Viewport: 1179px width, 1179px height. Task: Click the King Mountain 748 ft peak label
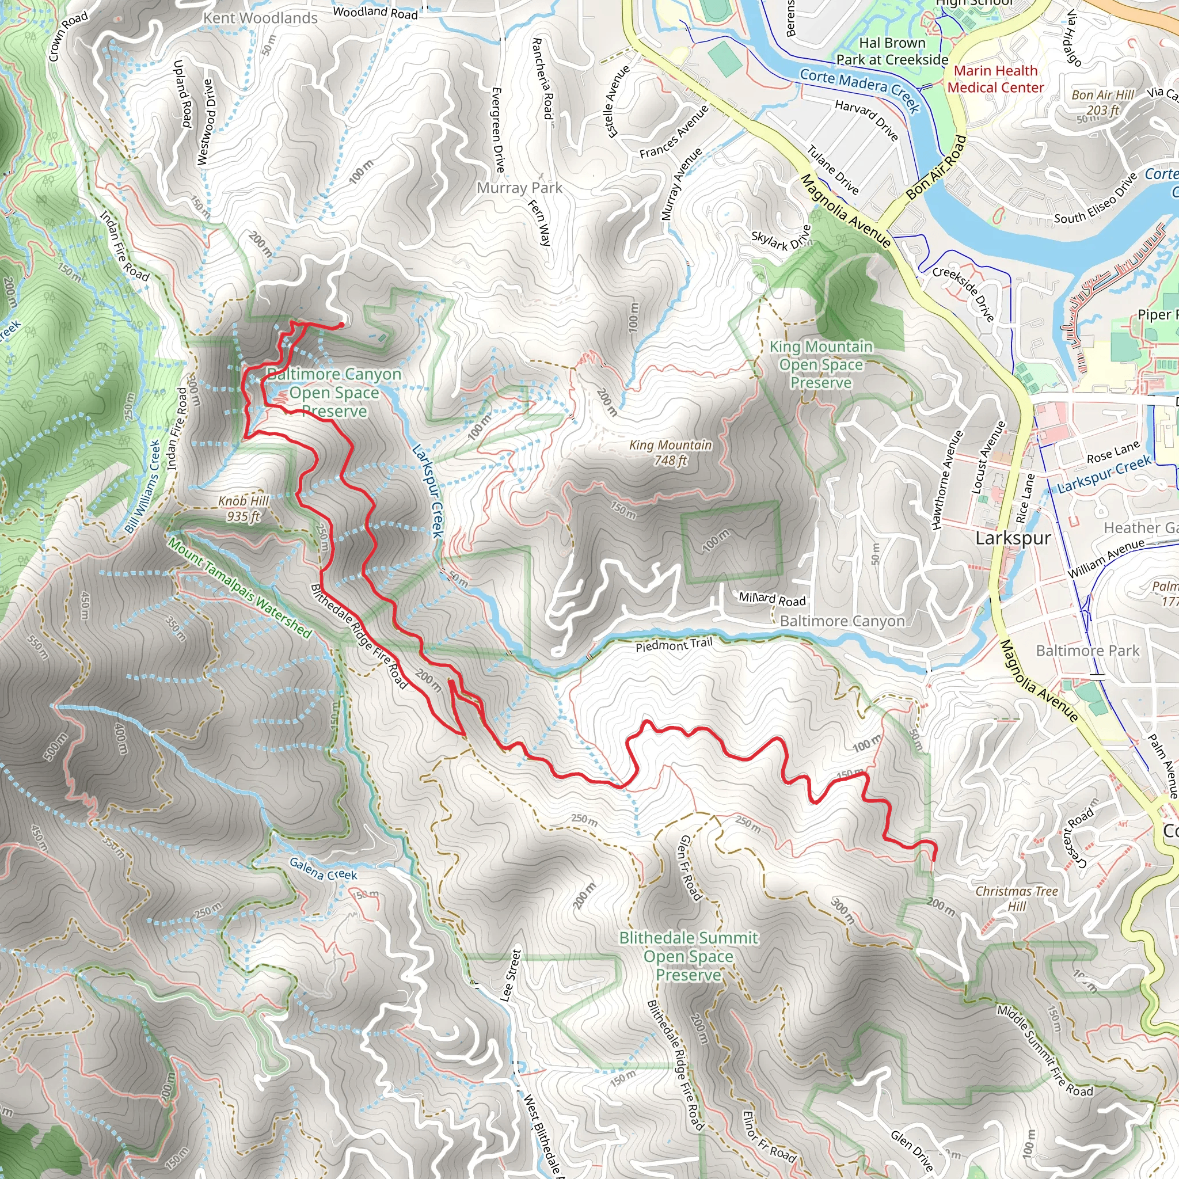tap(670, 453)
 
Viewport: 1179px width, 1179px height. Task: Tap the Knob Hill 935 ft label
tap(244, 508)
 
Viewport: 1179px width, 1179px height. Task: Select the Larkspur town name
tap(1013, 538)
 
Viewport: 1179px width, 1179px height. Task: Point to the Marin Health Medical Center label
tap(995, 79)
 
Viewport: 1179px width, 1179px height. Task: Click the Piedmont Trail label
tap(674, 644)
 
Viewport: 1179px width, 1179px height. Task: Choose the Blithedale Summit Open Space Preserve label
tap(689, 956)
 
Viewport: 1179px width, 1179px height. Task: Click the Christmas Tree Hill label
tap(1016, 898)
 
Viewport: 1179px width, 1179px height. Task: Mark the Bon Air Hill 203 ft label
tap(1102, 102)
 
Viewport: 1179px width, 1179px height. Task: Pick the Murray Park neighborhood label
tap(519, 187)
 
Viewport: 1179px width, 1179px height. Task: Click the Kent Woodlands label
tap(260, 18)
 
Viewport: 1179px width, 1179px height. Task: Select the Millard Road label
tap(772, 599)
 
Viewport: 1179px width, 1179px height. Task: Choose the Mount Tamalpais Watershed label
tap(239, 587)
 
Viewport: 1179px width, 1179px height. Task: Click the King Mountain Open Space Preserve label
tap(821, 364)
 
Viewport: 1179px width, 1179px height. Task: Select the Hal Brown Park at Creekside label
tap(892, 51)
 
